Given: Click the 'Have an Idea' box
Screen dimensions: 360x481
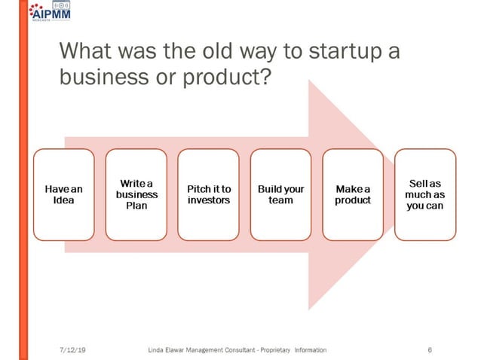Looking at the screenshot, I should pyautogui.click(x=64, y=194).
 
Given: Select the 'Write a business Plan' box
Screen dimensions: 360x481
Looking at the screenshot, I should pyautogui.click(x=136, y=194).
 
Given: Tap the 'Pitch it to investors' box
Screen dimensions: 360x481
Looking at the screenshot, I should pyautogui.click(x=209, y=194).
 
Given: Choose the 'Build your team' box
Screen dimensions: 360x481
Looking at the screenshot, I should pyautogui.click(x=280, y=194).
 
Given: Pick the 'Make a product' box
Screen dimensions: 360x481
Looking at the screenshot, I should pyautogui.click(x=353, y=194).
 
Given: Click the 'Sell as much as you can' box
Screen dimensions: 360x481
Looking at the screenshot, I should pyautogui.click(x=425, y=194).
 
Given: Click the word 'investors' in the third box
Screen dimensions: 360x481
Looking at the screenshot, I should pyautogui.click(x=209, y=200).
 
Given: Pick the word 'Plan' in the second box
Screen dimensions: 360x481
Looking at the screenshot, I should pyautogui.click(x=136, y=206).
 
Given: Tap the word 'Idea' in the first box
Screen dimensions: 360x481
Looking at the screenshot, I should pyautogui.click(x=64, y=200).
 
